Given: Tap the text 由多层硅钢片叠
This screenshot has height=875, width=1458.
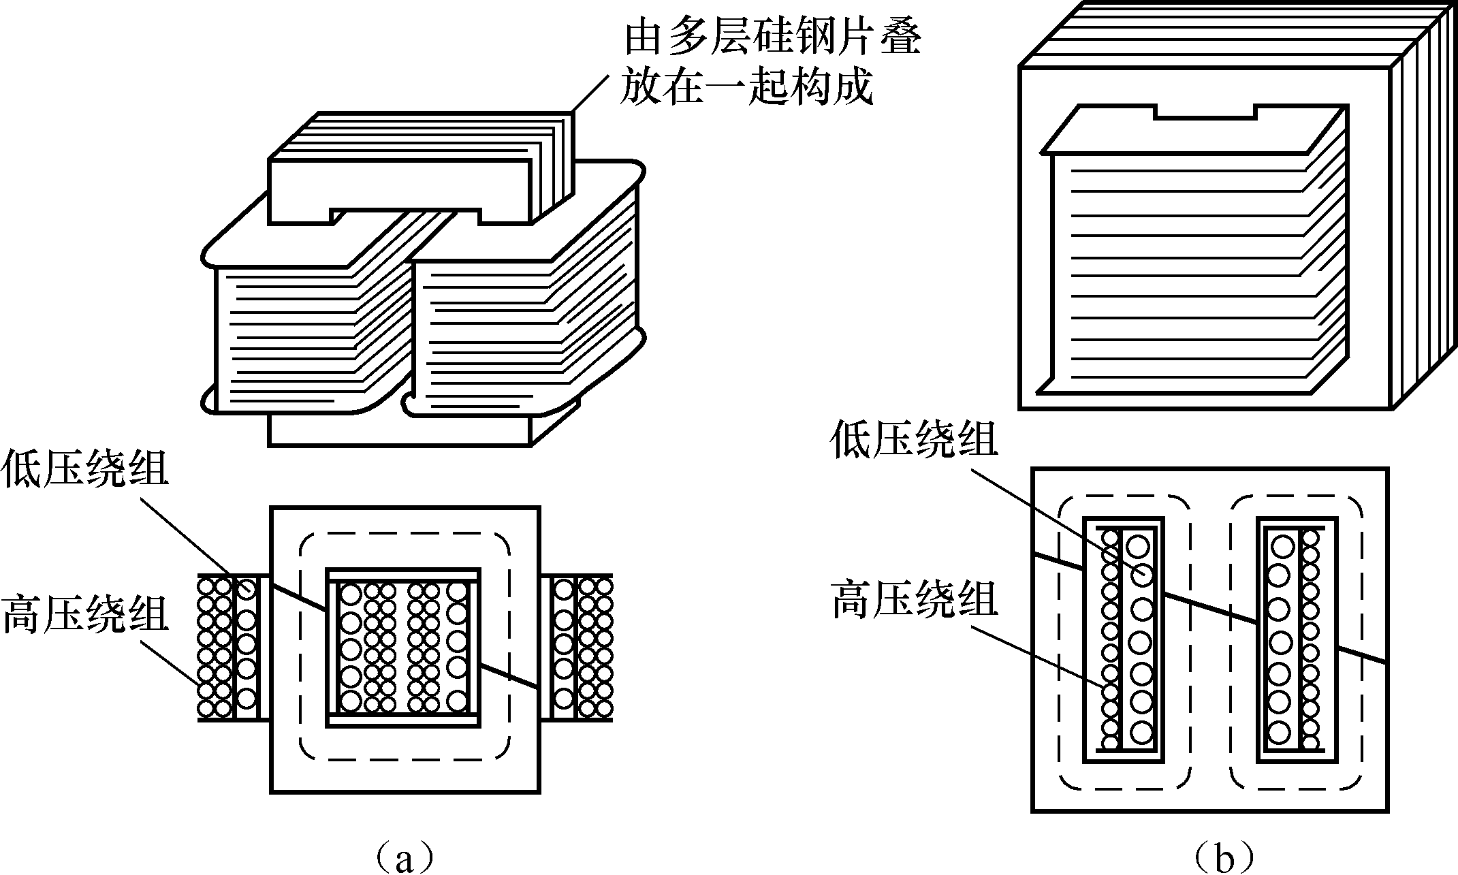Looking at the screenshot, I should click(772, 39).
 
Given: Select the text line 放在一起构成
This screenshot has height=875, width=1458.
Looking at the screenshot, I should click(746, 88).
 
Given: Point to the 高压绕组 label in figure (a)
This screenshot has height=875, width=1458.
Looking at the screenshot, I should click(84, 613).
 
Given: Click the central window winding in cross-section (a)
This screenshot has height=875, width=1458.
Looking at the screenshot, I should click(404, 647).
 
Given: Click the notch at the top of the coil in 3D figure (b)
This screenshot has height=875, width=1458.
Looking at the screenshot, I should click(1205, 111).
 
